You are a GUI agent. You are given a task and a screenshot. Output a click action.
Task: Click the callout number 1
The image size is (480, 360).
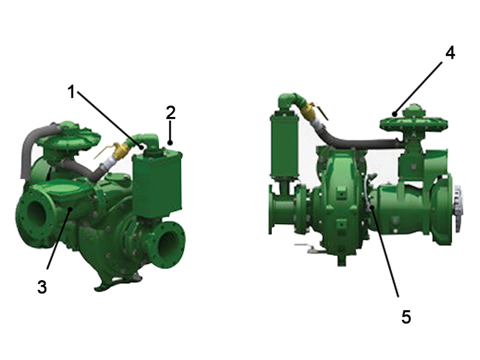(x=71, y=92)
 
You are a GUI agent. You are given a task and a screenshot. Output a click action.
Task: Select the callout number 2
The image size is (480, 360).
(x=170, y=112)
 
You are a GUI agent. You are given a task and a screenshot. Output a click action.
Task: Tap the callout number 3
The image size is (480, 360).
(x=41, y=286)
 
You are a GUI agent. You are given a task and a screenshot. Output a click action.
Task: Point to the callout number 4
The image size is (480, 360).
(x=449, y=52)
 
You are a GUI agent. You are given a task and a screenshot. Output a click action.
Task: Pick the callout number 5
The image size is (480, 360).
(x=406, y=316)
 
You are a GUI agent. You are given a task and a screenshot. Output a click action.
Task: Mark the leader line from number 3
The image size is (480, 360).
(x=57, y=240)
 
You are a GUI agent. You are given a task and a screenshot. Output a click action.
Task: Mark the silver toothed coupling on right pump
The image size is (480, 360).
(x=458, y=207)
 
